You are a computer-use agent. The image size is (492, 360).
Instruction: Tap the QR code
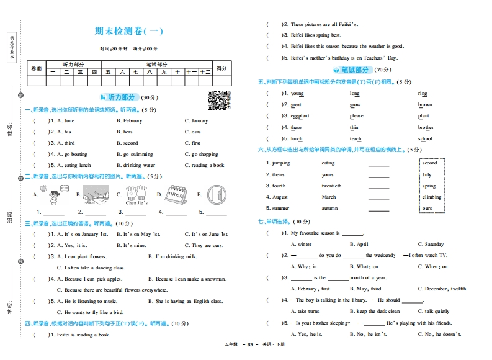[x=219, y=100]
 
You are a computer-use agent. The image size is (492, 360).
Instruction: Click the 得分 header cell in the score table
[x=221, y=68]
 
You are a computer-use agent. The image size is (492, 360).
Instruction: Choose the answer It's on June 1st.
[x=207, y=234]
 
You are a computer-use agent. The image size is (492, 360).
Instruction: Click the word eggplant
[x=300, y=116]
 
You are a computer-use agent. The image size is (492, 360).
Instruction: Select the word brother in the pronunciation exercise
[x=426, y=128]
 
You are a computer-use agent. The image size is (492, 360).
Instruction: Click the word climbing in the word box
[x=432, y=197]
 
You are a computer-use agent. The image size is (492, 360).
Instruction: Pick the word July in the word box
[x=427, y=175]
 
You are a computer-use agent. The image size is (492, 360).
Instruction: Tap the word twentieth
[x=331, y=186]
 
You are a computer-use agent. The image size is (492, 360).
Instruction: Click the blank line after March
[x=378, y=198]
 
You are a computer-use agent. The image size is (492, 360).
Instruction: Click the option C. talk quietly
[x=434, y=312]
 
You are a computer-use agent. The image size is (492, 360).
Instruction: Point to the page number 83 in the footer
[x=251, y=344]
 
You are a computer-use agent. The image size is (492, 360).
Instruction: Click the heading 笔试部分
[x=354, y=70]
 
